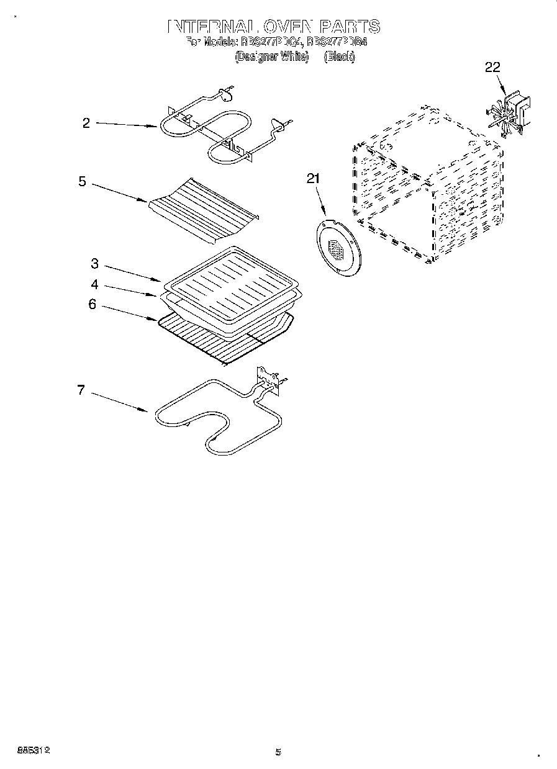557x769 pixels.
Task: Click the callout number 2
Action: [x=86, y=123]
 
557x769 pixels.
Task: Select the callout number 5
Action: [x=81, y=182]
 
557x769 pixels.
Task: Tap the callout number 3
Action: [x=94, y=264]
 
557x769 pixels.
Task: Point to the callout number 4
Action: [x=94, y=285]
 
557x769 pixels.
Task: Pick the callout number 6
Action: [x=92, y=305]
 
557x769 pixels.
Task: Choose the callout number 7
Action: [x=81, y=390]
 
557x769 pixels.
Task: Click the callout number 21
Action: [x=313, y=179]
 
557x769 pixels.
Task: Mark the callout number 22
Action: [x=492, y=68]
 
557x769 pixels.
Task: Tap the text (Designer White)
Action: [x=271, y=56]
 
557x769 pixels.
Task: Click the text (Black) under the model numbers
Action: [x=338, y=56]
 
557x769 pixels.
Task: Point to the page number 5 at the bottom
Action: [x=278, y=752]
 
